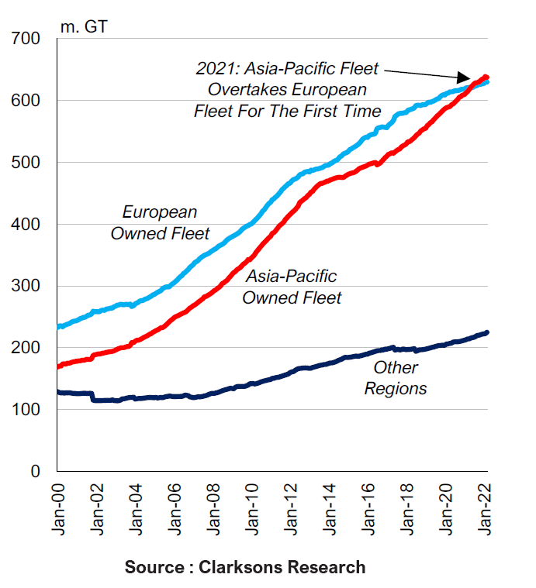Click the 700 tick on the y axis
[30, 39]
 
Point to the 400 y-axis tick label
[30, 225]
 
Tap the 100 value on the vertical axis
[30, 410]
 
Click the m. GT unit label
[84, 26]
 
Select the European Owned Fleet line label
[160, 222]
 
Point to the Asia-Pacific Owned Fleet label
[292, 287]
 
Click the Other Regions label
[396, 378]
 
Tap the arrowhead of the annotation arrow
[470, 78]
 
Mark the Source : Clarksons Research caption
[245, 567]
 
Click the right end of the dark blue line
[486, 332]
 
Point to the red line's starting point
[59, 366]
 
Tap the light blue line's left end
[59, 327]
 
